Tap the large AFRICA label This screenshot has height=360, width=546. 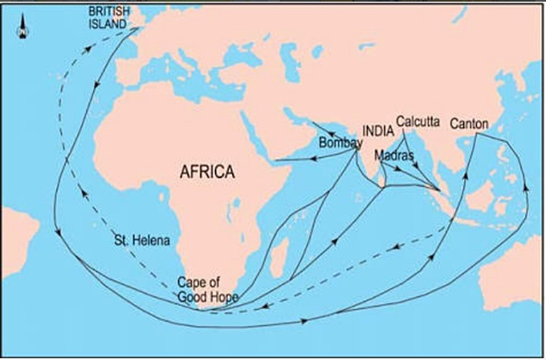(x=206, y=171)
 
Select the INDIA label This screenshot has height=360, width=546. (x=378, y=131)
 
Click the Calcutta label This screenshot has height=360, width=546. (x=418, y=123)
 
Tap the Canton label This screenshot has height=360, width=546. (x=468, y=124)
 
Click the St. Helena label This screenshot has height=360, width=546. (x=142, y=241)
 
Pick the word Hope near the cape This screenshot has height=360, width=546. (x=224, y=297)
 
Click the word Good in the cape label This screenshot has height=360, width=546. (x=192, y=297)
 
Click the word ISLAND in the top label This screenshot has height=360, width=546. (x=110, y=25)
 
